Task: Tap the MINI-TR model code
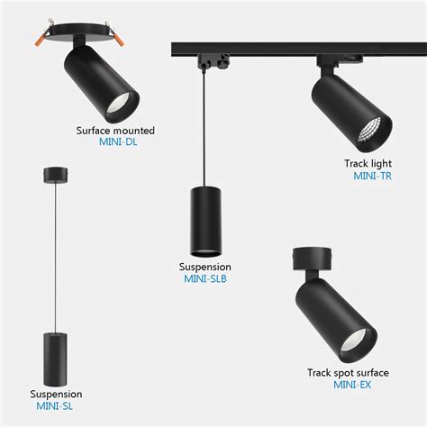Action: (x=372, y=176)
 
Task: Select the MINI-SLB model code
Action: (x=205, y=279)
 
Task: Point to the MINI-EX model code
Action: (x=349, y=385)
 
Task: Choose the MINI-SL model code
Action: (x=56, y=406)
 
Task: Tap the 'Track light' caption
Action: (x=368, y=164)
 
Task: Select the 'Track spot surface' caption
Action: (x=348, y=372)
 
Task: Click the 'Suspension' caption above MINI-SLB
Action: (x=205, y=267)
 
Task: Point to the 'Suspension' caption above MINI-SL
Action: (x=56, y=394)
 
